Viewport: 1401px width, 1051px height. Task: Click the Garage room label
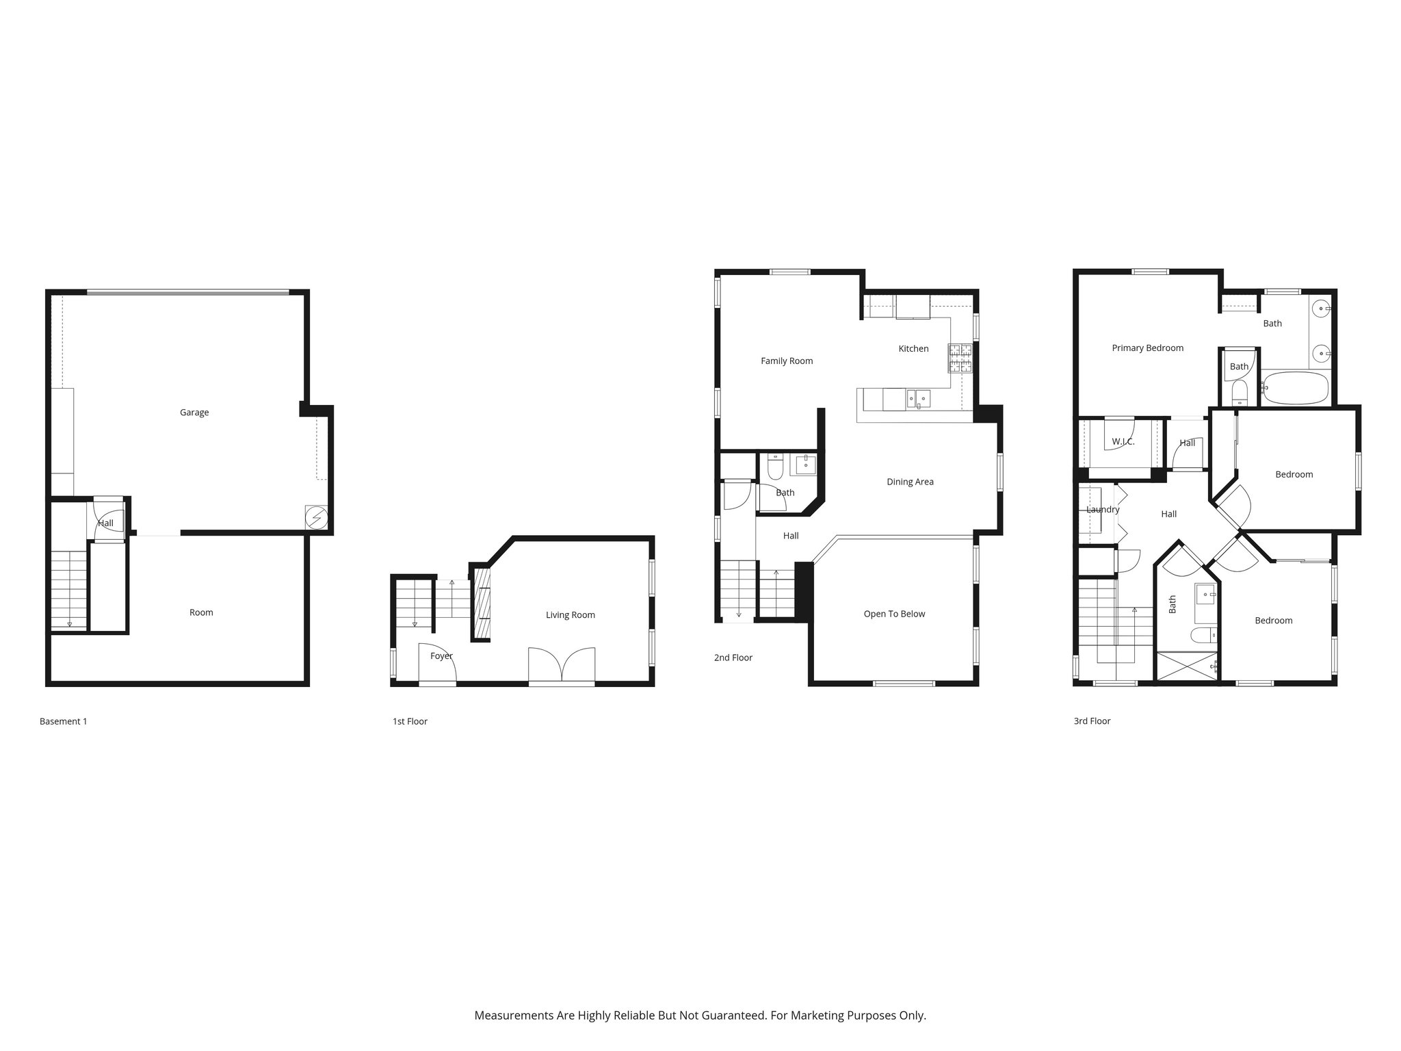194,413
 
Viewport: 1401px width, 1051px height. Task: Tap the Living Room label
570,615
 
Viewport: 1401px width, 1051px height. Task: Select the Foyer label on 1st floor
441,656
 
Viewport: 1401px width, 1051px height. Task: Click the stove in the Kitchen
960,359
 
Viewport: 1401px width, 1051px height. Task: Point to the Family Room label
787,361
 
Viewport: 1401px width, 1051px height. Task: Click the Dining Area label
910,482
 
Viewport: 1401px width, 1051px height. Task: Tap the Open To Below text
894,614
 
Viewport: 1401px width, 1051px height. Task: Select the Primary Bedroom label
1147,348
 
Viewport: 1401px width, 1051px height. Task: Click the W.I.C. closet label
1123,442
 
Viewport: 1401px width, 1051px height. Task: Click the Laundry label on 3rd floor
1103,510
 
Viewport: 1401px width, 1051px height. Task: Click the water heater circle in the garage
316,517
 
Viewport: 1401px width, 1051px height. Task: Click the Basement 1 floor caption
63,721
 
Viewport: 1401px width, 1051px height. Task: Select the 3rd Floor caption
1092,721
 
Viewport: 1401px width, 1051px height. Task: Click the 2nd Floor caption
733,658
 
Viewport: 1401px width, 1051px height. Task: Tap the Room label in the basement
201,613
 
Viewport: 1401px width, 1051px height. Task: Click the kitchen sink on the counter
917,398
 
